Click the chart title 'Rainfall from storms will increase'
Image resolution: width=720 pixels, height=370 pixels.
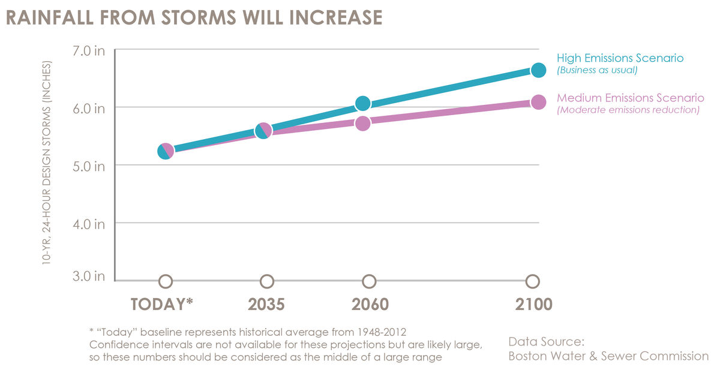[x=193, y=17]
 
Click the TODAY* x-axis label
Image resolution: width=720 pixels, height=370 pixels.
[x=161, y=303]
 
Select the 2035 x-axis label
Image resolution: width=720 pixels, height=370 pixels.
[x=266, y=303]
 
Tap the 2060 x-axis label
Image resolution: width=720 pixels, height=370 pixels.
[x=369, y=303]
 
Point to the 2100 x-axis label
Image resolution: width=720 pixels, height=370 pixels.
[x=533, y=303]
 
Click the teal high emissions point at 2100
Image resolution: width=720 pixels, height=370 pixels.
[x=538, y=70]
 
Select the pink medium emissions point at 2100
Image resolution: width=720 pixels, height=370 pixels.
[x=538, y=102]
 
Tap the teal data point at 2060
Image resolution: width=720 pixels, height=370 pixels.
[x=362, y=104]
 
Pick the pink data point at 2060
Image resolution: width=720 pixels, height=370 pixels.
[x=362, y=123]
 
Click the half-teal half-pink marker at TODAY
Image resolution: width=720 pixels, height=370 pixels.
[x=166, y=151]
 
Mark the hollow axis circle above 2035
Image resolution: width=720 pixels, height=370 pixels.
[x=267, y=281]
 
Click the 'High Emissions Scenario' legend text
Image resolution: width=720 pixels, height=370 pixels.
[x=620, y=58]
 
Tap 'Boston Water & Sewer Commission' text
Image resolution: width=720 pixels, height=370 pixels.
[x=608, y=356]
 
